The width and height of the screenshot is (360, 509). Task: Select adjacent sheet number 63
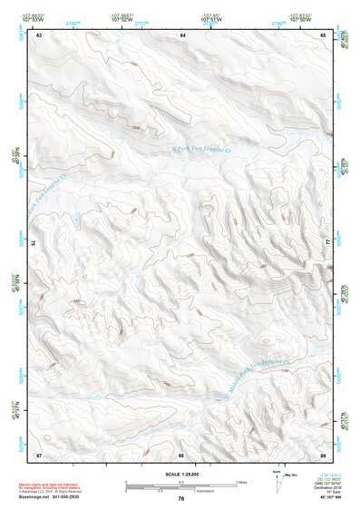click(39, 34)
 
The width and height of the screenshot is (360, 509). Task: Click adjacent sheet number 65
click(324, 34)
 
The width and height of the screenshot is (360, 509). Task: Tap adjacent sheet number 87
click(39, 454)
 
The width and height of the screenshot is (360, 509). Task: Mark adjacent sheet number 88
click(181, 454)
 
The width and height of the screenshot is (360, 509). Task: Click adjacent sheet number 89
click(324, 454)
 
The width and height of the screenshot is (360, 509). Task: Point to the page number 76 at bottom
click(181, 499)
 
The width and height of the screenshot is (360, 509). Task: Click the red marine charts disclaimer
click(69, 484)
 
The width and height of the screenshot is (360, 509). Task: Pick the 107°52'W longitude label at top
click(121, 17)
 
